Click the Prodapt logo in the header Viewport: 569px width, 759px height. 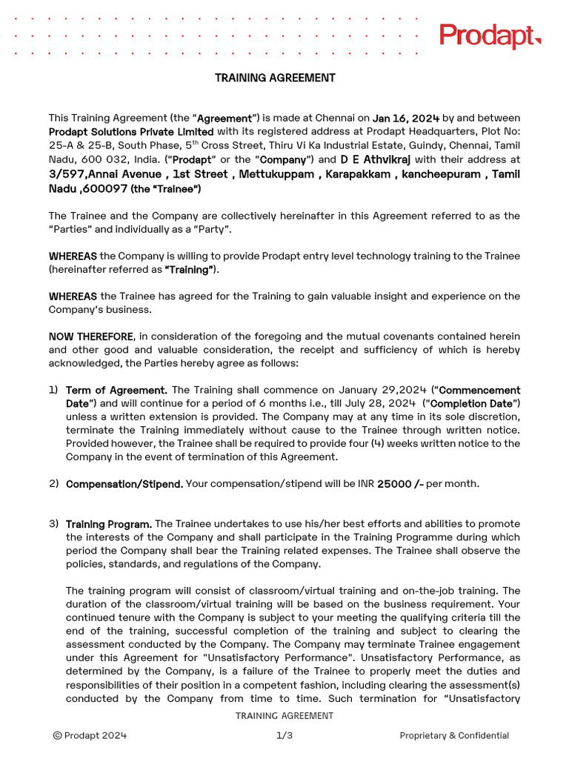coord(490,36)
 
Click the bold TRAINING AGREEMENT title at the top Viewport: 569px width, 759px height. coord(275,78)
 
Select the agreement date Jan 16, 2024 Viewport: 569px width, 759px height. coord(406,118)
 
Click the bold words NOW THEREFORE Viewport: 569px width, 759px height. coord(91,337)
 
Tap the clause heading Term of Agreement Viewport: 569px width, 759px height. coord(116,390)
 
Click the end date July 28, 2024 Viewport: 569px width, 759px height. coord(382,403)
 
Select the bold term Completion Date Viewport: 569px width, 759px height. coord(472,403)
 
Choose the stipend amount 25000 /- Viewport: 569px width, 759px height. coord(400,484)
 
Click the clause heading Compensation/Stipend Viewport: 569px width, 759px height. coord(124,484)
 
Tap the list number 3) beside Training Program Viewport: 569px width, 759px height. coord(54,524)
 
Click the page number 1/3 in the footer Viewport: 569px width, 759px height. coord(284,735)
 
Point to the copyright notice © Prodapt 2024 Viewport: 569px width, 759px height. coord(90,735)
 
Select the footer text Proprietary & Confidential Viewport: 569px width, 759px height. coord(454,735)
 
